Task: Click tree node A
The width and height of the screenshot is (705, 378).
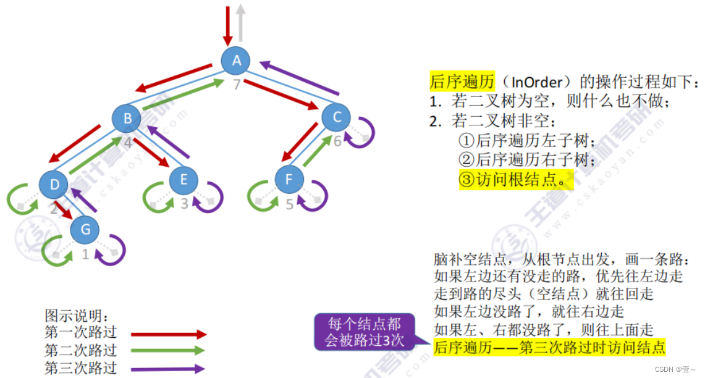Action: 235,61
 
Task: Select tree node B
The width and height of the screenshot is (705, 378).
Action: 127,119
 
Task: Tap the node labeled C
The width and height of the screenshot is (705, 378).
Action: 336,117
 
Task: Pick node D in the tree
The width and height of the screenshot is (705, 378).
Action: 54,185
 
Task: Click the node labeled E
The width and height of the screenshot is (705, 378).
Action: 184,180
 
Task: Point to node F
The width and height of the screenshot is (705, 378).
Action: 289,180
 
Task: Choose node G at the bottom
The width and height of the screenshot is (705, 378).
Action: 85,230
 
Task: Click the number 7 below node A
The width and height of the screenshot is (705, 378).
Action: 236,84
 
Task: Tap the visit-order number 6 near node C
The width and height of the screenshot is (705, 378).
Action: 337,141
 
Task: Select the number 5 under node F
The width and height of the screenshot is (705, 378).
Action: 289,204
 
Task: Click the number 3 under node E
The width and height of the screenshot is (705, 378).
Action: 184,203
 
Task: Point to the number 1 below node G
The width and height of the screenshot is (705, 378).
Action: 86,254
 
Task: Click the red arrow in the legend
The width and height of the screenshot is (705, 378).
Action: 167,334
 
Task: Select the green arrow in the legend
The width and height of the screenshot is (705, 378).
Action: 167,351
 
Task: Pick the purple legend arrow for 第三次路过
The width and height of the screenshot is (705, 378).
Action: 167,369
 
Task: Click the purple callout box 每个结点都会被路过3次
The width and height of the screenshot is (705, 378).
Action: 365,332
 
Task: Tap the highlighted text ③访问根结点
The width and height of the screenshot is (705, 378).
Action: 512,180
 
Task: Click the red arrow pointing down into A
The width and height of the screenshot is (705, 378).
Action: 228,25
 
